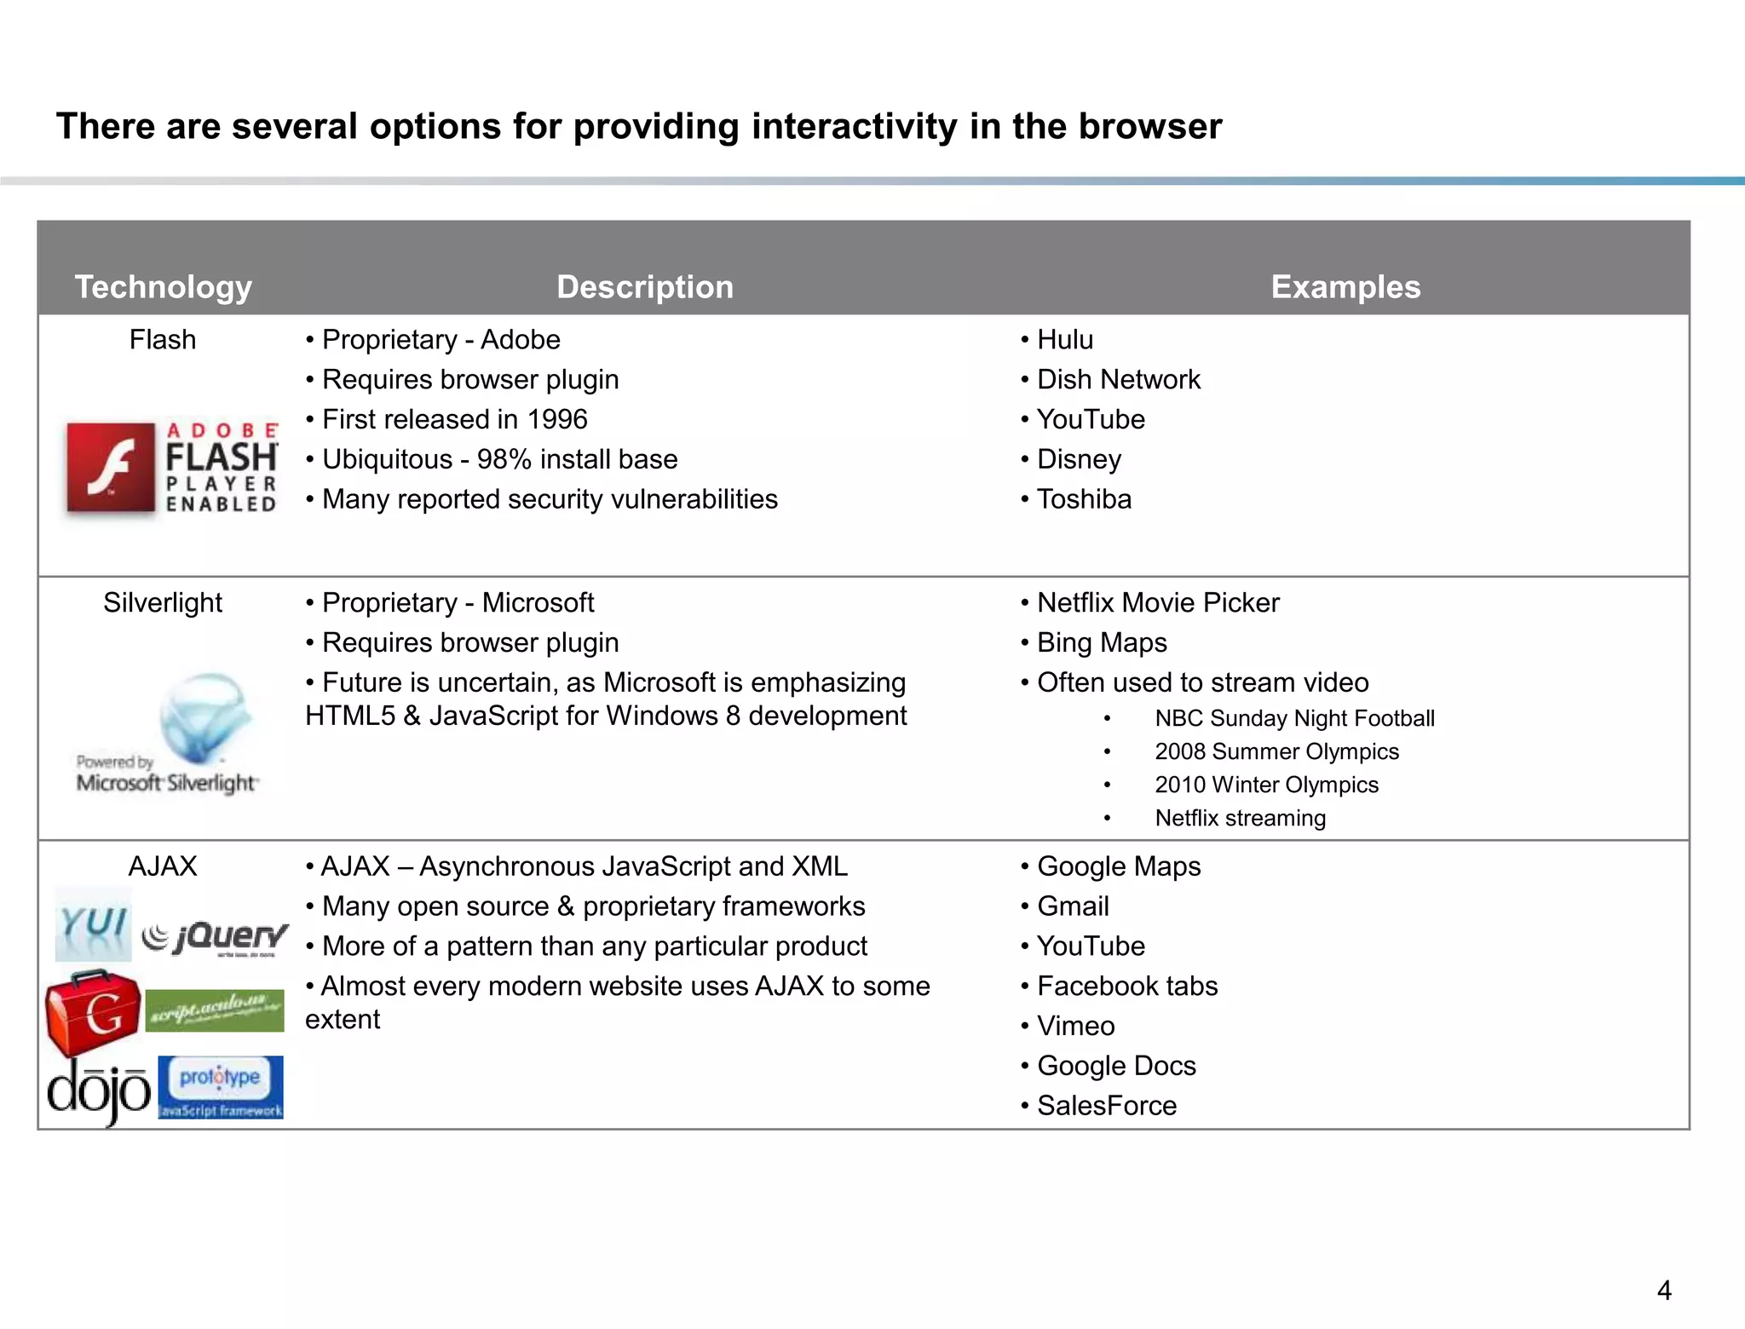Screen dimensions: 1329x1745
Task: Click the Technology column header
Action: [x=163, y=287]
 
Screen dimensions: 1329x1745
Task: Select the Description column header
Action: [x=645, y=287]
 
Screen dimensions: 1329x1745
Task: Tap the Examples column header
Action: [x=1345, y=287]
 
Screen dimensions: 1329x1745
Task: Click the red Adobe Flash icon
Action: [x=111, y=468]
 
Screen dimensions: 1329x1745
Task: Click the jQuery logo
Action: [x=216, y=938]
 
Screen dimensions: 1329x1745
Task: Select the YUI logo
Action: [x=94, y=925]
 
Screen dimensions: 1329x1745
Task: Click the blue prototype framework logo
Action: [x=221, y=1087]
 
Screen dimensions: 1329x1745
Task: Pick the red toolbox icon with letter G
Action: [x=93, y=1012]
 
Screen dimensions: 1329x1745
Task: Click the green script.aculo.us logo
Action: [x=215, y=1011]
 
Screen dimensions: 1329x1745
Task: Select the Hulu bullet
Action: [x=1064, y=340]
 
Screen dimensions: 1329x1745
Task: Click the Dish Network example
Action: [x=1118, y=380]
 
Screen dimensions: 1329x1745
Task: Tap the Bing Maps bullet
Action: [x=1102, y=643]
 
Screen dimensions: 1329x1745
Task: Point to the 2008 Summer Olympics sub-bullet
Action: [x=1276, y=752]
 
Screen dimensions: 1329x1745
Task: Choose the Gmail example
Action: [x=1073, y=906]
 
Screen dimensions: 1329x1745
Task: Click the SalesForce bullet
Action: [x=1106, y=1106]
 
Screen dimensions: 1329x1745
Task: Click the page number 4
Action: [x=1663, y=1291]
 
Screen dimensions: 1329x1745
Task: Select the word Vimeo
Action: [x=1075, y=1027]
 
